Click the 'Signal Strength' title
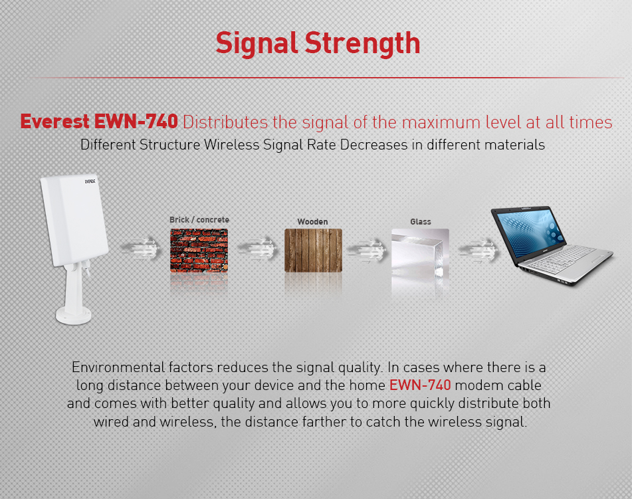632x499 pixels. tap(318, 44)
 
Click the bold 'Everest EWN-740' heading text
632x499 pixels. tap(99, 122)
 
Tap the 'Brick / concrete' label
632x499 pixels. tap(199, 220)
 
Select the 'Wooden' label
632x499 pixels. tap(312, 222)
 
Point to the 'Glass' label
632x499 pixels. tap(421, 222)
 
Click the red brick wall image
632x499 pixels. tap(199, 250)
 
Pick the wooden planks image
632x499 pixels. tap(313, 250)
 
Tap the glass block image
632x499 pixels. tap(420, 254)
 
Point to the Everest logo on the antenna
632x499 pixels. tap(90, 181)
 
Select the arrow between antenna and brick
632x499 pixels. tap(140, 249)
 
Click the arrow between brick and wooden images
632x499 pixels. tap(257, 249)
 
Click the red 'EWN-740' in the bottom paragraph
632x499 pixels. tap(420, 385)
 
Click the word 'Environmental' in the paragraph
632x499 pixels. tap(118, 367)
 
